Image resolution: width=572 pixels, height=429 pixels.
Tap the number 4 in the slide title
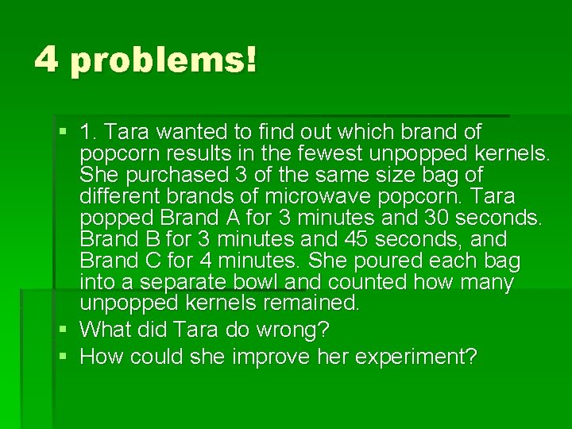(46, 60)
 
